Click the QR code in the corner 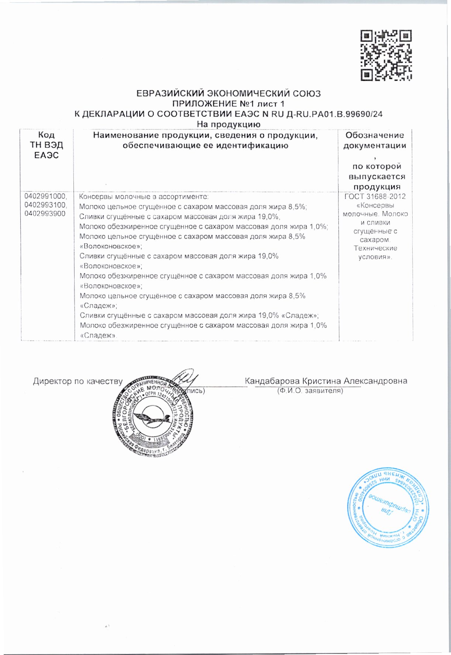386,55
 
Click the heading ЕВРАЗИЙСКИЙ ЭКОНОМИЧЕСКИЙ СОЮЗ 228,93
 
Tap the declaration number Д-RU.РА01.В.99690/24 334,114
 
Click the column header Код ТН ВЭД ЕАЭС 47,145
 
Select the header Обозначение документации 375,140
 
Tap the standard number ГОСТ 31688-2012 375,196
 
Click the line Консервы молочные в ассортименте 144,197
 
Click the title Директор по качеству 78,381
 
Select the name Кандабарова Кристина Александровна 326,381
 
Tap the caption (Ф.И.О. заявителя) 310,390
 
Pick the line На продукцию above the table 228,124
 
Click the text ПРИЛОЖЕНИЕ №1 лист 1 228,104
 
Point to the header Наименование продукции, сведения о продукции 206,136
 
